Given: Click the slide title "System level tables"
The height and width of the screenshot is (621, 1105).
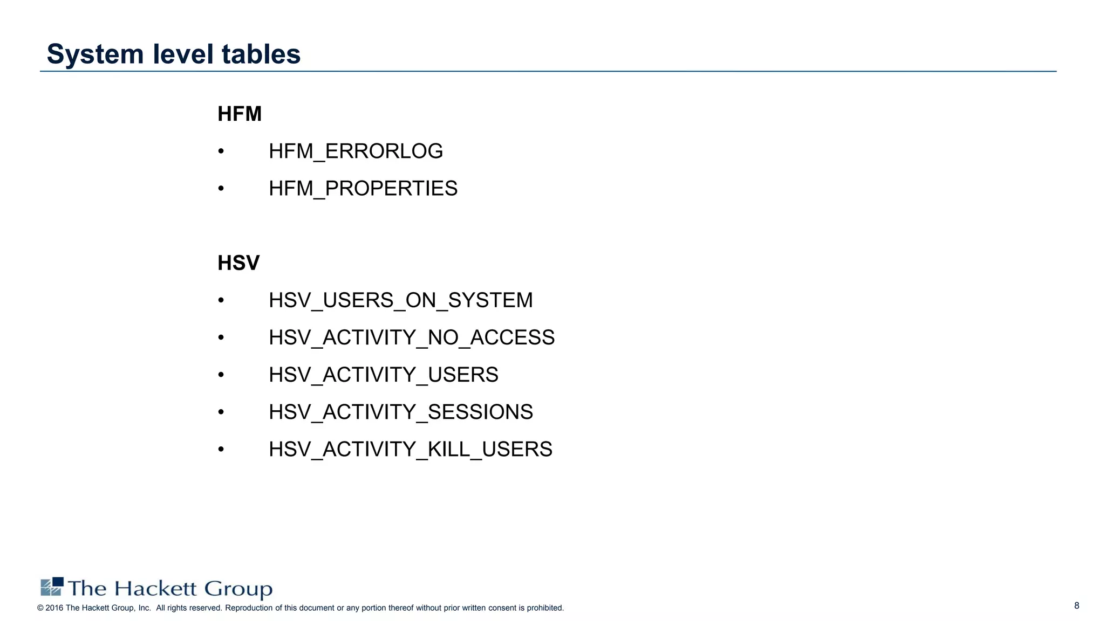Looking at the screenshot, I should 173,54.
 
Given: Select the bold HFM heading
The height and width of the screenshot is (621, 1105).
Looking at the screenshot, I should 239,114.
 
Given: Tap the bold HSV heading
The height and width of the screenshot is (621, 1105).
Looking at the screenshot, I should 238,263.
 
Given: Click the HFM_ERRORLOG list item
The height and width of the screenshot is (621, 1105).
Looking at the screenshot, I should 356,151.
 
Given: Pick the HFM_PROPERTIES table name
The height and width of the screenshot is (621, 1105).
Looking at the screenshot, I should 363,189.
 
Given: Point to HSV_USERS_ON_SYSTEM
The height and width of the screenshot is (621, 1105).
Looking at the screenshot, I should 400,300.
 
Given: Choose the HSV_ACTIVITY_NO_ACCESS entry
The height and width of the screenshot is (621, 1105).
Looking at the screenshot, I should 411,337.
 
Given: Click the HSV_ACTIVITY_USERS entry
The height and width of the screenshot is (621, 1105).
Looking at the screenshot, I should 383,375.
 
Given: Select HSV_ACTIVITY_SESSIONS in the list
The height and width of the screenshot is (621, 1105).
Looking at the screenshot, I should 400,412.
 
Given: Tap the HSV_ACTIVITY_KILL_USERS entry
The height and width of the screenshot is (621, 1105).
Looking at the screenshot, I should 410,449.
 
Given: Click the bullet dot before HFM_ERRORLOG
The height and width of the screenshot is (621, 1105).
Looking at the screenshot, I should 221,151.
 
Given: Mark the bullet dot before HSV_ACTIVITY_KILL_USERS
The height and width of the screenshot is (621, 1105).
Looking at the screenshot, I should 221,449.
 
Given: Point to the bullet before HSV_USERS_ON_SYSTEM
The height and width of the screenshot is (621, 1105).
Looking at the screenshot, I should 221,300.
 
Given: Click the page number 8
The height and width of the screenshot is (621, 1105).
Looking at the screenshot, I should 1076,605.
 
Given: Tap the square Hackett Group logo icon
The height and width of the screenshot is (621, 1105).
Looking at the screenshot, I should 52,586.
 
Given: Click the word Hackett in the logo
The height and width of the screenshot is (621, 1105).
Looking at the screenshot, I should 155,588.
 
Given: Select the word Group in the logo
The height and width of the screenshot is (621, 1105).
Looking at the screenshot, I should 238,589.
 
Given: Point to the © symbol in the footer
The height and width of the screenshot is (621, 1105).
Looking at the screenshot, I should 40,608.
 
